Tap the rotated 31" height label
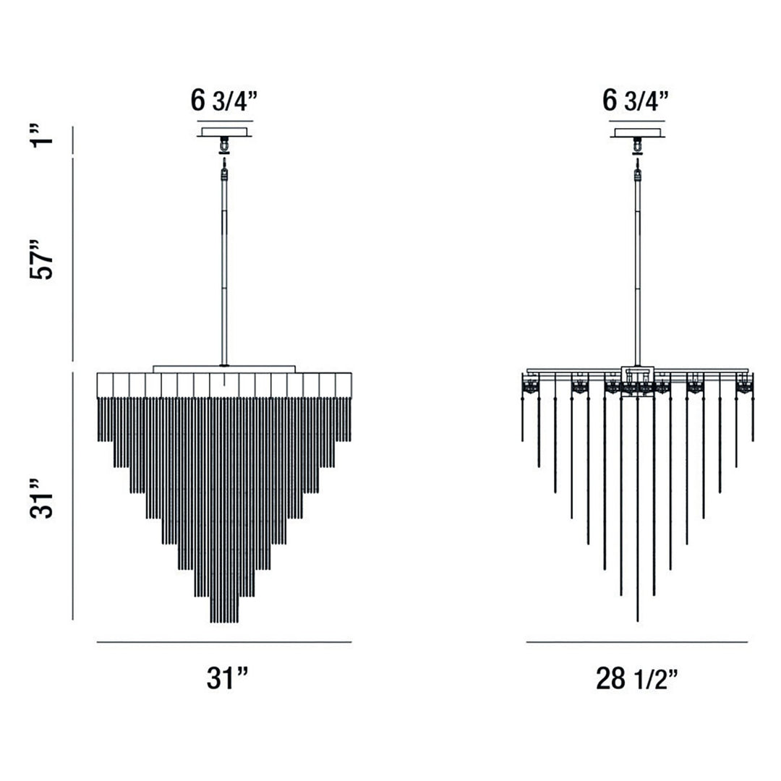coord(43,498)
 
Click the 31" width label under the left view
coord(228,678)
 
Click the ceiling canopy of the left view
coord(224,132)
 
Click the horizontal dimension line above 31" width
coord(224,641)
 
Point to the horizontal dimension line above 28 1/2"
coord(636,641)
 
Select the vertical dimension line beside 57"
coord(73,258)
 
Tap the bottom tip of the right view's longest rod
coord(637,620)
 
